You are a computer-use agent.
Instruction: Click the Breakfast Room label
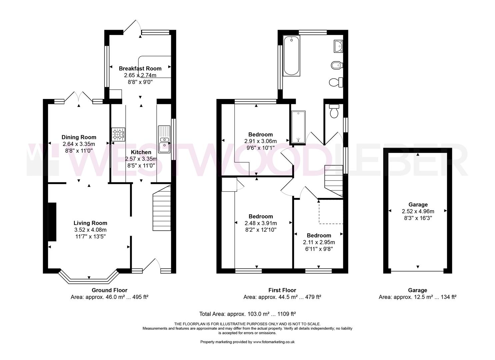[140, 69]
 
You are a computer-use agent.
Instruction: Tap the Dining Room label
[79, 137]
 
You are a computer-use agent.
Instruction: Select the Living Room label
[90, 223]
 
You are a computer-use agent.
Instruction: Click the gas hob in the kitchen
[118, 134]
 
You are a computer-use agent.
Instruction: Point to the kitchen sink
[164, 139]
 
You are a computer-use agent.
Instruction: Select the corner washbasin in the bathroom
[338, 46]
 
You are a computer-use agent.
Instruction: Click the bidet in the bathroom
[337, 65]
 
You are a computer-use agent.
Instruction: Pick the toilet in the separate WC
[334, 111]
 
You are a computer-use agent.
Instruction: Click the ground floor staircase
[162, 208]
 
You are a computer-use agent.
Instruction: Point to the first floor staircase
[333, 181]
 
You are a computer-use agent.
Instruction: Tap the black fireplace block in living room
[52, 222]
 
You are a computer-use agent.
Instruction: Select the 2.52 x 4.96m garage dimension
[418, 211]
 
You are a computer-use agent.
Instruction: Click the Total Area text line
[247, 314]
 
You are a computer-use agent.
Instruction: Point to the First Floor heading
[282, 290]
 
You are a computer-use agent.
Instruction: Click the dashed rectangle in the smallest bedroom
[331, 212]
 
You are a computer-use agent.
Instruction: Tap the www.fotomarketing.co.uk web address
[274, 342]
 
